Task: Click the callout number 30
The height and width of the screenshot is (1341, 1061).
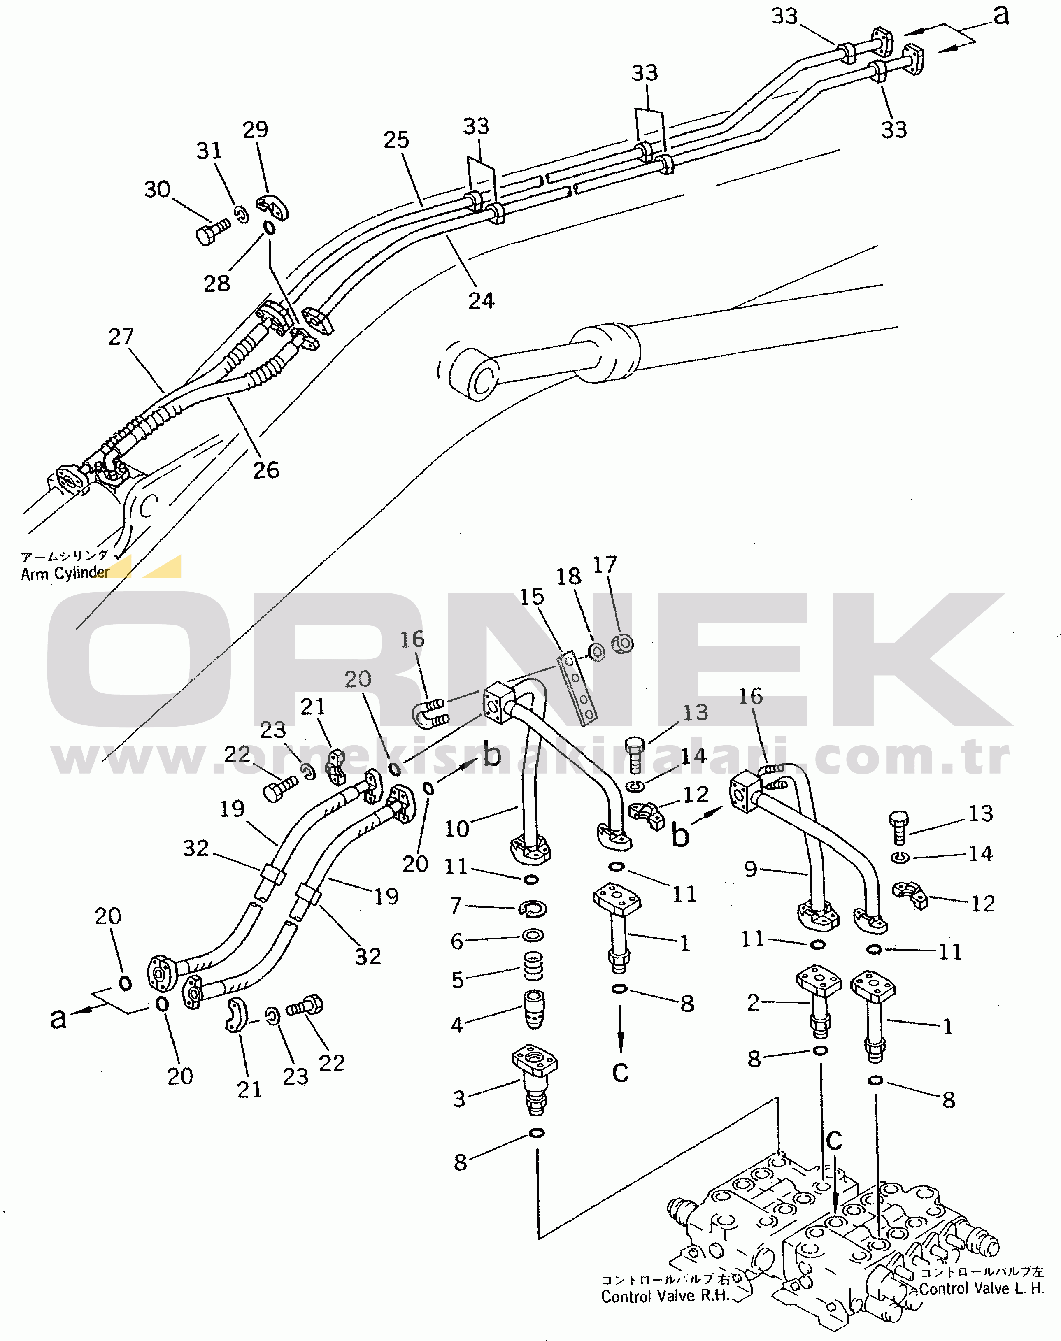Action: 157,189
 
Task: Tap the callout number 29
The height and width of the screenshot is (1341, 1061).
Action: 255,130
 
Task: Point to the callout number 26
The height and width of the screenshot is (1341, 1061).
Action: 266,471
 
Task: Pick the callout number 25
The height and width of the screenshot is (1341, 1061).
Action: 396,140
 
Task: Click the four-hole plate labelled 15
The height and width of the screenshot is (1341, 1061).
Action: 577,686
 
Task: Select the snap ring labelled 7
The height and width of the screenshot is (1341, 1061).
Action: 532,909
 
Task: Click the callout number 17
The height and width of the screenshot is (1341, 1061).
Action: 605,565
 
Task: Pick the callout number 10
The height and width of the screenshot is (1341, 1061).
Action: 456,829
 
